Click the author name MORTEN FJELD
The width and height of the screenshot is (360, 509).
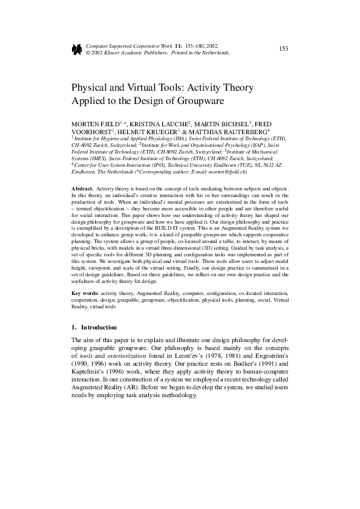[94, 123]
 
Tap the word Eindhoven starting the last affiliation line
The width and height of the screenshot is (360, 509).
[84, 172]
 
